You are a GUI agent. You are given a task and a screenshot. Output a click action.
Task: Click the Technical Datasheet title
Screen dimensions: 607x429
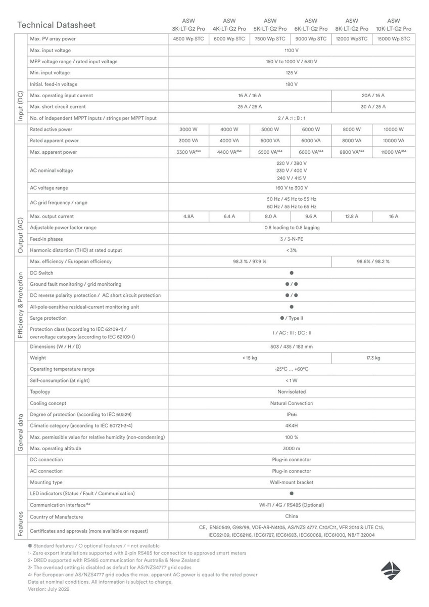point(56,25)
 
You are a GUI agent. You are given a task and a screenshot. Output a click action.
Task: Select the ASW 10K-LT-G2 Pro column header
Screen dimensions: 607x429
point(393,25)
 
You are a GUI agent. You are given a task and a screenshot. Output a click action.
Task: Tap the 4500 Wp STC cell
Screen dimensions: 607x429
point(188,39)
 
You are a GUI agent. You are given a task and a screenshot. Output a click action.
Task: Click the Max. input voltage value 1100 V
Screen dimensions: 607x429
point(291,51)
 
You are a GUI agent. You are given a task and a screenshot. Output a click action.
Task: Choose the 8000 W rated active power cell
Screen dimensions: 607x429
point(351,129)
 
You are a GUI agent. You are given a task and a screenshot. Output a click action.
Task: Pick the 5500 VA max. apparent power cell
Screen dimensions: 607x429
point(270,152)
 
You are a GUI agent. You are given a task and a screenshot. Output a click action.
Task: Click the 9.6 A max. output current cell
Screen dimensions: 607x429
point(311,216)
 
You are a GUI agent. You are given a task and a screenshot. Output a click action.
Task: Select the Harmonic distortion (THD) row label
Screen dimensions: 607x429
point(76,250)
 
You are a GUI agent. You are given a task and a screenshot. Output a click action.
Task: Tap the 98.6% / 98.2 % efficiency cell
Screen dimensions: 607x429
point(373,262)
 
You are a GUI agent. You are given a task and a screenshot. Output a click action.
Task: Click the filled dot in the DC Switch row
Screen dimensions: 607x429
point(292,273)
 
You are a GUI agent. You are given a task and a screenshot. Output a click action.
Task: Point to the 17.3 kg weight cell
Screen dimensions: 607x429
point(373,358)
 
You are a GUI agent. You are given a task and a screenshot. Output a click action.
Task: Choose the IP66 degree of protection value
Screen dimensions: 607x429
point(292,414)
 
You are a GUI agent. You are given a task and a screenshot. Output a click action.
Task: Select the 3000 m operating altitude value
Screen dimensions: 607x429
point(292,449)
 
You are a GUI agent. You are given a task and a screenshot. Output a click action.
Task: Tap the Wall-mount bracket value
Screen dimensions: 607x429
point(292,483)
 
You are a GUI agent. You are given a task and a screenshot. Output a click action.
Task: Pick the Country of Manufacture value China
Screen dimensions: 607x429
point(292,517)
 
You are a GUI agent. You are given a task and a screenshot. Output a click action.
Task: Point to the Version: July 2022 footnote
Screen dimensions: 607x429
point(49,589)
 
